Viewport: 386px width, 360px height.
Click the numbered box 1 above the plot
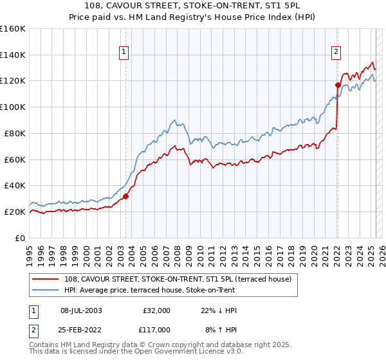pyautogui.click(x=123, y=53)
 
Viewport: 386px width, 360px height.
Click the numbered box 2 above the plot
pyautogui.click(x=336, y=53)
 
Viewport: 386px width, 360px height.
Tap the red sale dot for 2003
pyautogui.click(x=126, y=196)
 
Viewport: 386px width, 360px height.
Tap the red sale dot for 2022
pyautogui.click(x=338, y=85)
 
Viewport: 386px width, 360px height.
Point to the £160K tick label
pyautogui.click(x=13, y=29)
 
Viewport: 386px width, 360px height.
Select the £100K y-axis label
pyautogui.click(x=13, y=107)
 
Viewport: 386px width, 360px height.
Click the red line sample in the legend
pyautogui.click(x=46, y=279)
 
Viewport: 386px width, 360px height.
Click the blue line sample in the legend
pyautogui.click(x=46, y=290)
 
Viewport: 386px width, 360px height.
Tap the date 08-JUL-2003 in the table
pyautogui.click(x=81, y=310)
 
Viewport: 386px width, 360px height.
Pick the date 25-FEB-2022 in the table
pyautogui.click(x=81, y=329)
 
